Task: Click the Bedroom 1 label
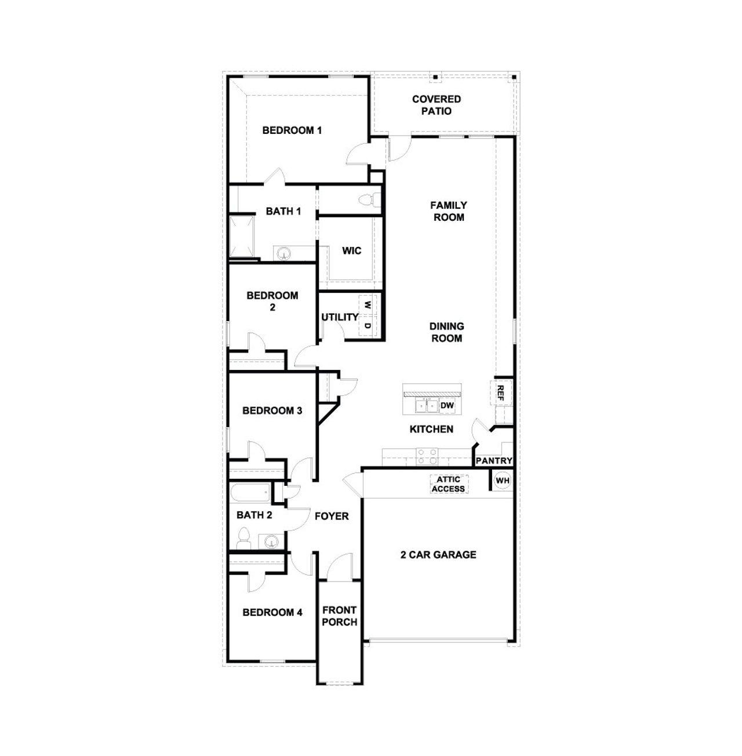pos(292,130)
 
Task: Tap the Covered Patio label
pos(437,105)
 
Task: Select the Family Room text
pos(449,211)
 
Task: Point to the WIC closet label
pos(351,250)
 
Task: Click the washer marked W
pos(368,304)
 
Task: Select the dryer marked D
pos(368,326)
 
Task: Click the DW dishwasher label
pos(447,405)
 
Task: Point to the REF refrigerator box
pos(500,393)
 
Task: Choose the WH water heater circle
pos(502,481)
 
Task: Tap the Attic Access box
pos(449,484)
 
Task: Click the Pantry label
pos(494,461)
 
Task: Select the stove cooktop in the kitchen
pos(427,457)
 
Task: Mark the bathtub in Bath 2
pos(250,495)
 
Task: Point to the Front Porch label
pos(340,616)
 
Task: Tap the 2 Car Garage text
pos(438,555)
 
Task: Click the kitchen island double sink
pos(427,405)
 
